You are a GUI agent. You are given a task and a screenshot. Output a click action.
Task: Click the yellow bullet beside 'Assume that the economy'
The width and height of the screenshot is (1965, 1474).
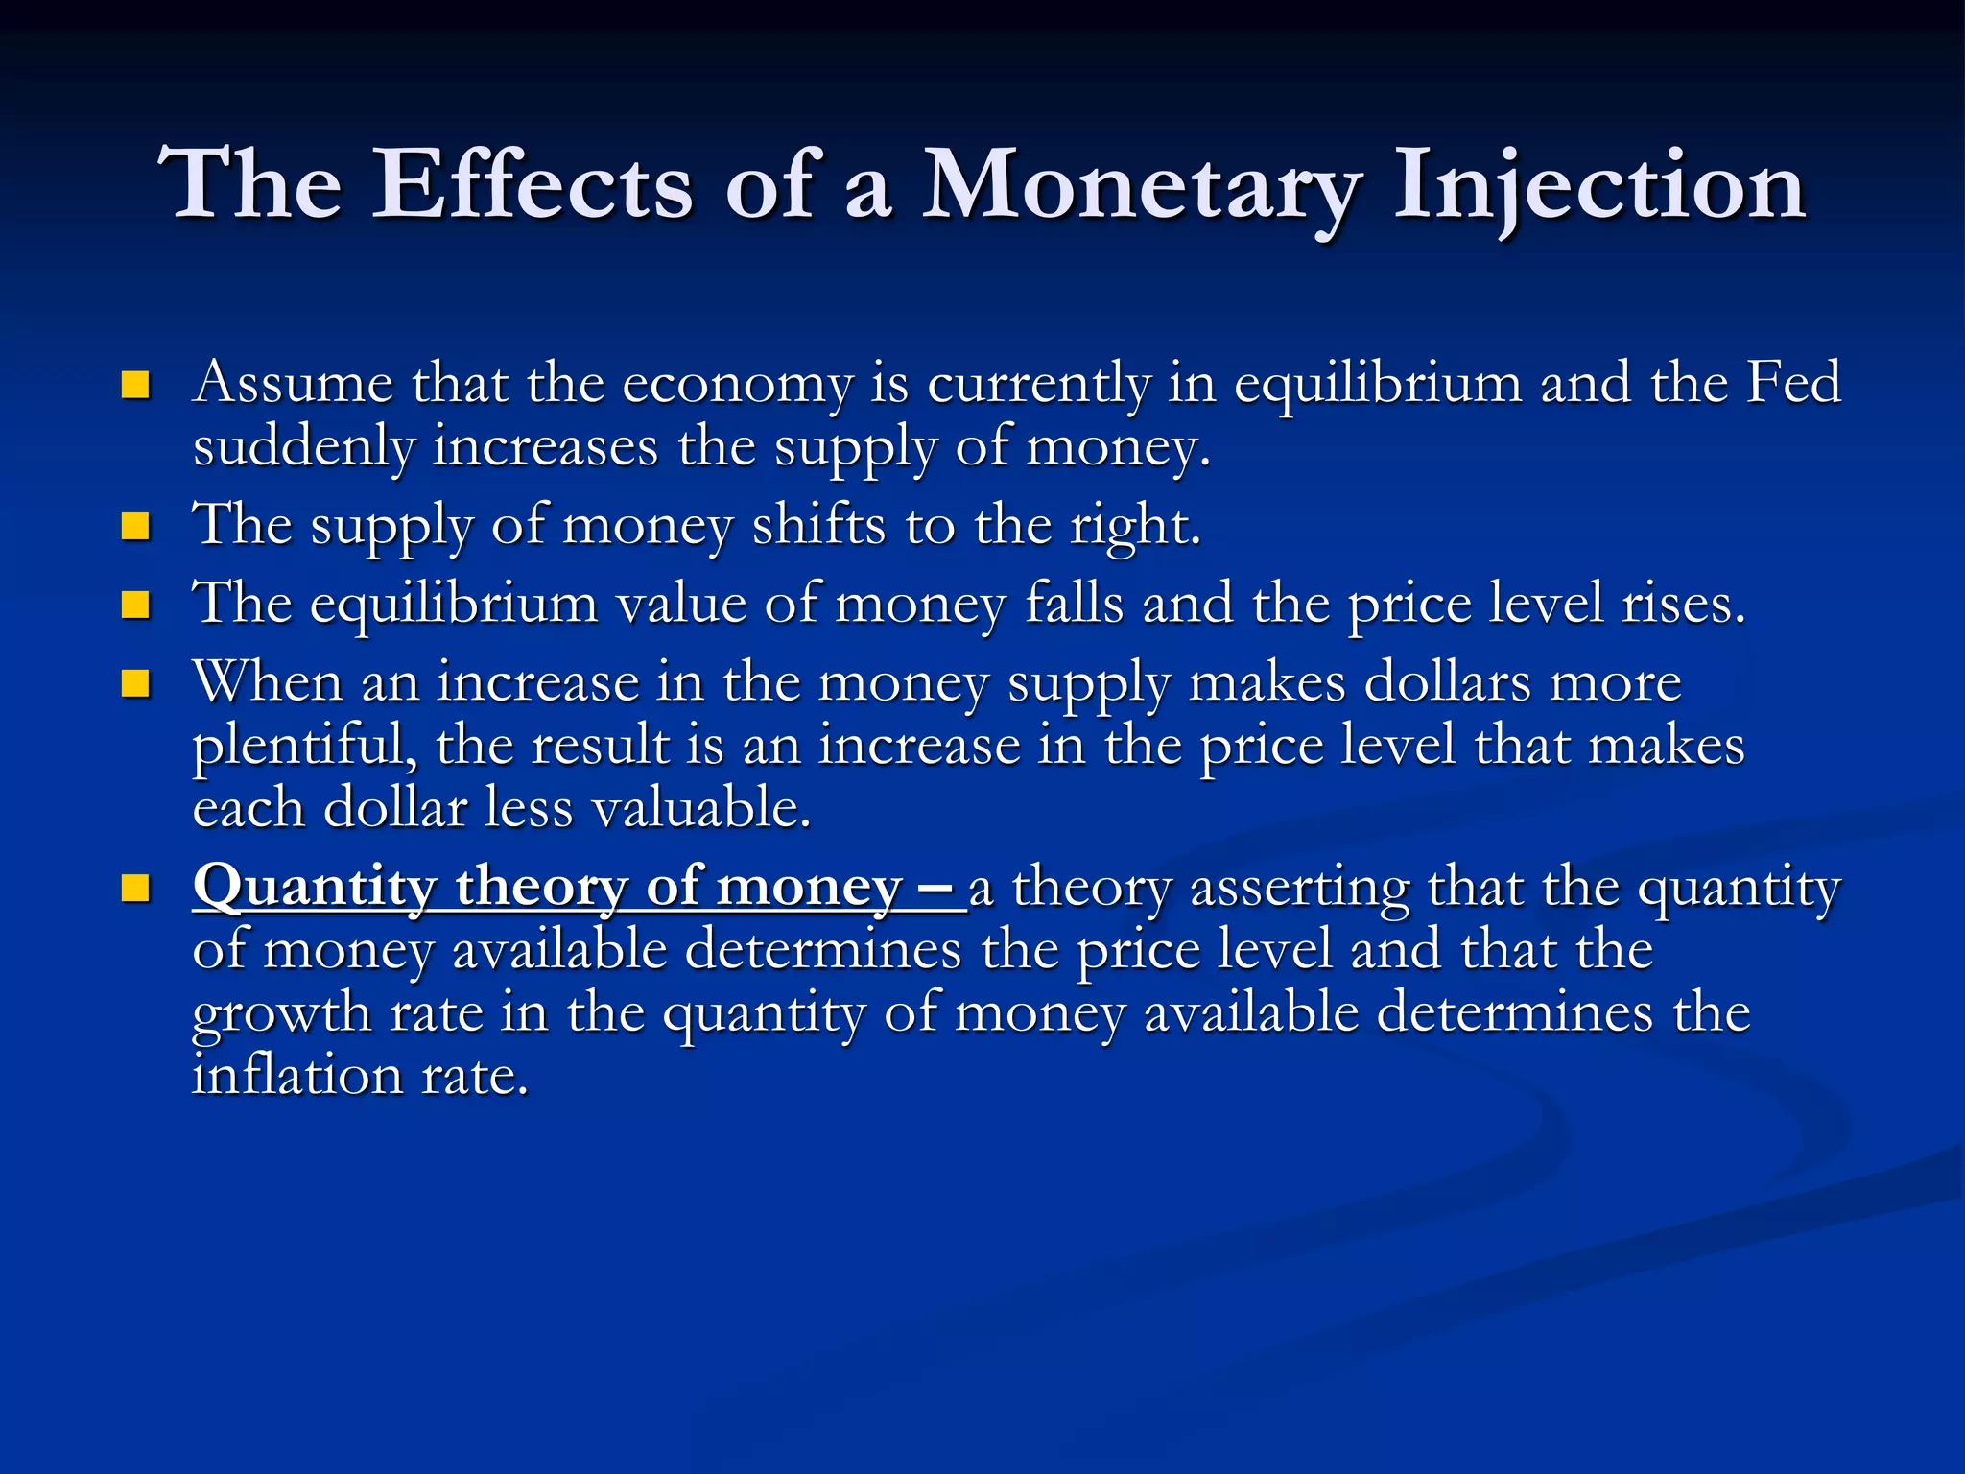click(135, 386)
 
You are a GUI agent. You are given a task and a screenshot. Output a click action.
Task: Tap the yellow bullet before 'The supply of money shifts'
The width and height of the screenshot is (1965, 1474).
click(135, 527)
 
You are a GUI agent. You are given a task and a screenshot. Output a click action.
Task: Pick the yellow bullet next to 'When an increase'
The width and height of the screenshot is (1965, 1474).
click(135, 684)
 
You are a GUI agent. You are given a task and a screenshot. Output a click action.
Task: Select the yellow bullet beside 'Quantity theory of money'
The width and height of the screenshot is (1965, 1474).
click(135, 888)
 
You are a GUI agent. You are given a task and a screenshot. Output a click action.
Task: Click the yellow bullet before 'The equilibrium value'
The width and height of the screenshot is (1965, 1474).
click(135, 606)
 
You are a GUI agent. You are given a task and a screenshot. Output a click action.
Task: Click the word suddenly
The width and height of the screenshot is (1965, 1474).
click(303, 447)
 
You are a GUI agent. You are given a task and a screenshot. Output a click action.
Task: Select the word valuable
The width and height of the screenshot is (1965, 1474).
click(701, 808)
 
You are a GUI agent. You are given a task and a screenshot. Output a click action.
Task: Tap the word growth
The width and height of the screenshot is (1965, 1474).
click(281, 1014)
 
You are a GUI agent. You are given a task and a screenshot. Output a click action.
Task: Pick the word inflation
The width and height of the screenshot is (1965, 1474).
click(296, 1075)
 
